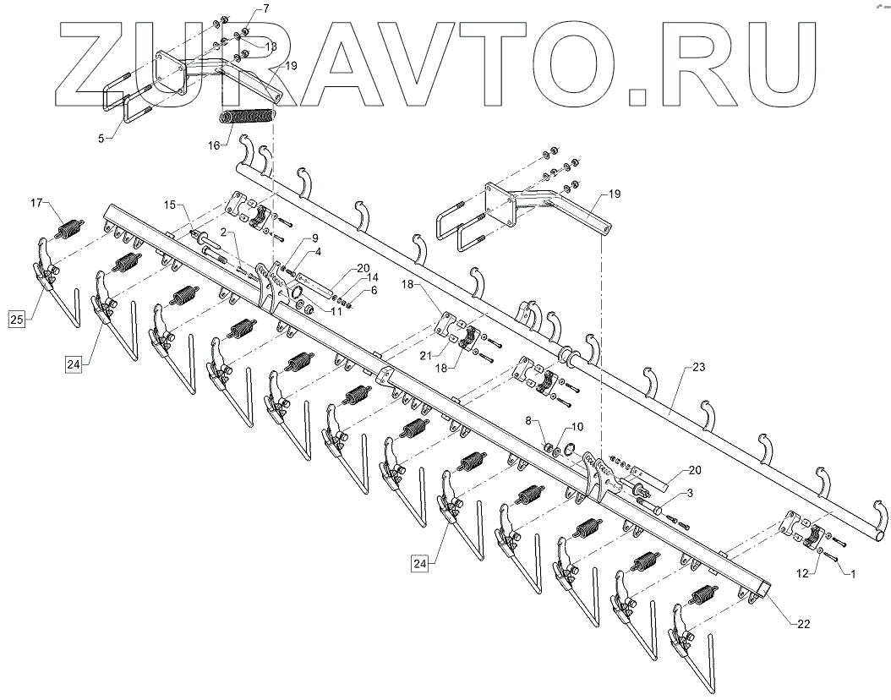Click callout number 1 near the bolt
point(853,574)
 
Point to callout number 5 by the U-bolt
point(101,137)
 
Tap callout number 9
point(303,238)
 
